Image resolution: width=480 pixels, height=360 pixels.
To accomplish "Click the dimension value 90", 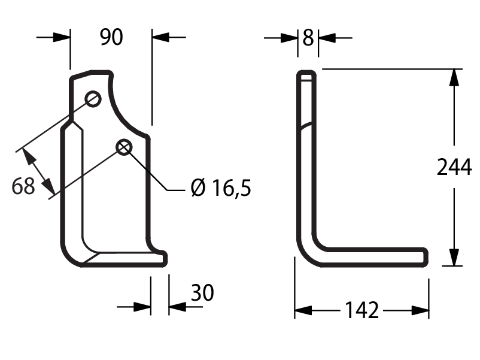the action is click(x=111, y=37).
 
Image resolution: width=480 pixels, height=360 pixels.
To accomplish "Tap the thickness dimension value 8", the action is click(x=308, y=38).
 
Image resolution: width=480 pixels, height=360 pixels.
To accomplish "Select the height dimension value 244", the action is click(x=454, y=167).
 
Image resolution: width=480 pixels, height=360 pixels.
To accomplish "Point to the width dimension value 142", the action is click(x=362, y=310).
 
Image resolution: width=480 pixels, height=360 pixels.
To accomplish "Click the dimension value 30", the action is click(x=202, y=292).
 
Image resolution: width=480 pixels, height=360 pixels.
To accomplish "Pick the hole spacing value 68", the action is click(x=23, y=186).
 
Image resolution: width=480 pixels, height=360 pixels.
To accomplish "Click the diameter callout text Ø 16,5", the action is click(x=221, y=187).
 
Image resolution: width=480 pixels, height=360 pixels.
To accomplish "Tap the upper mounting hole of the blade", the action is click(x=93, y=99).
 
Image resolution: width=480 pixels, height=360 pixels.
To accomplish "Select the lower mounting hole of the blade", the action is click(x=124, y=147).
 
